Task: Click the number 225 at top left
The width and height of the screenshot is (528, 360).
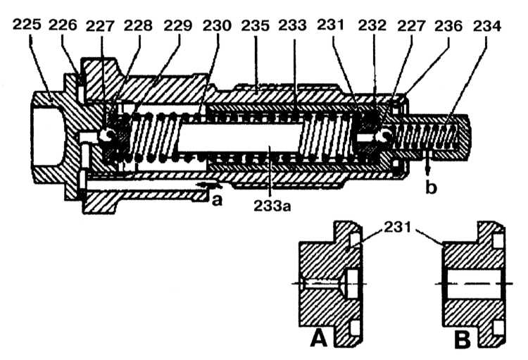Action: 27,25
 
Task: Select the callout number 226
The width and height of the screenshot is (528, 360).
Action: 63,25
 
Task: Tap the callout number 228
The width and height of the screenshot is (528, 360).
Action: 138,25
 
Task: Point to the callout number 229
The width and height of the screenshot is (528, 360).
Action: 178,25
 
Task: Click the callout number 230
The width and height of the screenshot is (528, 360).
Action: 218,25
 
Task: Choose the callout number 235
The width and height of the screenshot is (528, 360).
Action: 256,25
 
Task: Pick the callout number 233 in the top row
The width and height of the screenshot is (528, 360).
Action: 293,25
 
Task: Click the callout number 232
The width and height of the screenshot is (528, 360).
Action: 372,25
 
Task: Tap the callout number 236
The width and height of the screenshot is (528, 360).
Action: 448,25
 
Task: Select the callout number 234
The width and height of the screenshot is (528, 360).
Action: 487,25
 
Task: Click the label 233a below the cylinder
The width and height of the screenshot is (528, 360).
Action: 272,206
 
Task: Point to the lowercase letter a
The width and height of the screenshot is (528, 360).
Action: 218,200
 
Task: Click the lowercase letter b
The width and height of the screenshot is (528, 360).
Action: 431,187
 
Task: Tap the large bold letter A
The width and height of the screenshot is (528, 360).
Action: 318,338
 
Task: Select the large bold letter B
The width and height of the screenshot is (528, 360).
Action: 463,339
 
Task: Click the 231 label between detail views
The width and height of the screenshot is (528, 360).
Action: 398,228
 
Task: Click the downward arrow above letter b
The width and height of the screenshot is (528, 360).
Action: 428,164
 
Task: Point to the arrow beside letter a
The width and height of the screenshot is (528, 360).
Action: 209,185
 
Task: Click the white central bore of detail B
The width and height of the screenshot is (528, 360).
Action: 474,284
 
